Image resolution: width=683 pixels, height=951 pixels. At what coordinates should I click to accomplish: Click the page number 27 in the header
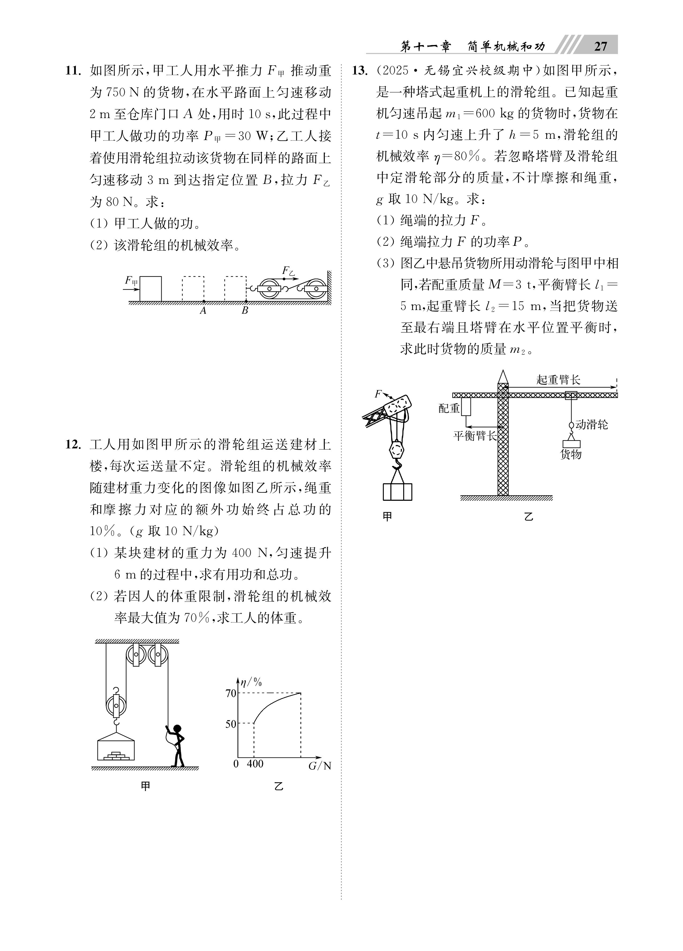pyautogui.click(x=600, y=46)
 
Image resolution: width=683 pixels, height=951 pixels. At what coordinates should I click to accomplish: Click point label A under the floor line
pyautogui.click(x=203, y=311)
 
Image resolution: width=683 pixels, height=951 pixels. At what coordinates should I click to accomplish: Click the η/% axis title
pyautogui.click(x=251, y=682)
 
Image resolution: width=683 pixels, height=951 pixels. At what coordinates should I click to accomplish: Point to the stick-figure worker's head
pyautogui.click(x=178, y=729)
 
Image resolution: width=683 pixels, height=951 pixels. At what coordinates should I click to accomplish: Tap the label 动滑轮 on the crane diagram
pyautogui.click(x=591, y=425)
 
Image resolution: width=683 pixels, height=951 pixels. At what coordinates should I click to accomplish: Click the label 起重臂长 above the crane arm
pyautogui.click(x=558, y=380)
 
